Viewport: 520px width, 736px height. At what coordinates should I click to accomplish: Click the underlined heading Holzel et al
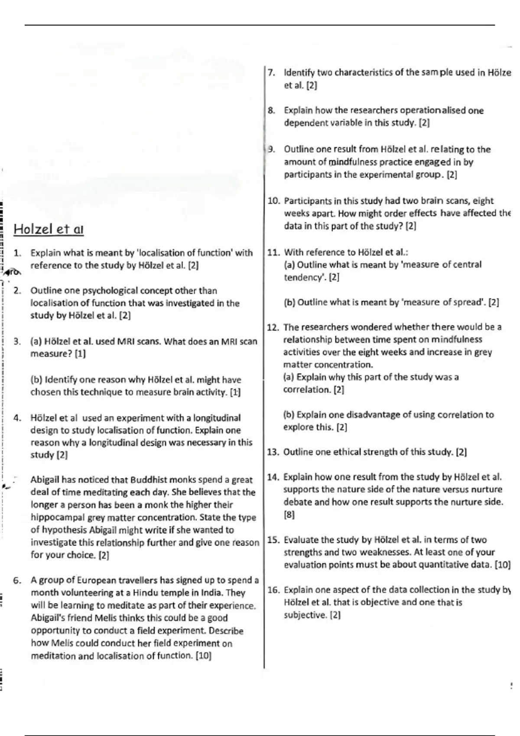[x=49, y=229]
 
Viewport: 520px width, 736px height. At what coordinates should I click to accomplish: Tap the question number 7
[x=271, y=73]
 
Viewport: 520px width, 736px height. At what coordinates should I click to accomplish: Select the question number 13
[x=273, y=452]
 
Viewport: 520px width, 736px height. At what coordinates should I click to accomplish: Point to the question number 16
[x=273, y=590]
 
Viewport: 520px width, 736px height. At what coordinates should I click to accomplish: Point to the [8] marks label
[x=289, y=515]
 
